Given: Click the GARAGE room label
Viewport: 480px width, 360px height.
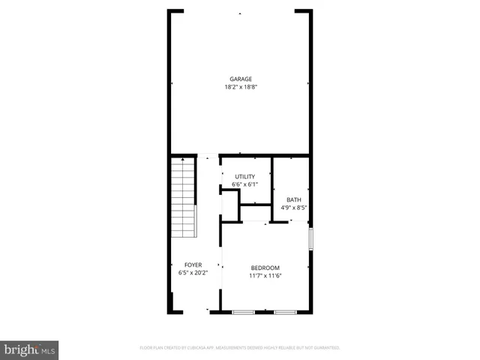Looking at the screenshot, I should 240,79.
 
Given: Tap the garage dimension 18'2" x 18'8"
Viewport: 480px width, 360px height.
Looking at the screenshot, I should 240,87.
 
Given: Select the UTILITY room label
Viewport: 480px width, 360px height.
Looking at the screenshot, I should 245,176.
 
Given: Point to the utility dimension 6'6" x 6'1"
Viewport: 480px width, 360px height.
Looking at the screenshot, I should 245,184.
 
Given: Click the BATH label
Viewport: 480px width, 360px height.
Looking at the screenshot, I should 293,199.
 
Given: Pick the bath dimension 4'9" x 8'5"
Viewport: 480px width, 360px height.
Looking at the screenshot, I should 293,208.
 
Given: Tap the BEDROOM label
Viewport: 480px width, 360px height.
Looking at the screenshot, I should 265,268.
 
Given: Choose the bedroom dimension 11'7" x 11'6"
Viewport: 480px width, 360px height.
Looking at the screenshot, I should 265,276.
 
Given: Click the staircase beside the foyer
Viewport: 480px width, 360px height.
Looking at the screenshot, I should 182,196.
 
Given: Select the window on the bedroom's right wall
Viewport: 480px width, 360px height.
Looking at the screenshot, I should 311,239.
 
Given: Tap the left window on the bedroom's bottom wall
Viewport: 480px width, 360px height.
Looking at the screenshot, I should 243,311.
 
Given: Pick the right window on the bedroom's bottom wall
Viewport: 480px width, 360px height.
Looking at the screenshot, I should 285,311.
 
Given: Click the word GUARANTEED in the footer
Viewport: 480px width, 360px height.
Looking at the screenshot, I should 326,348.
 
